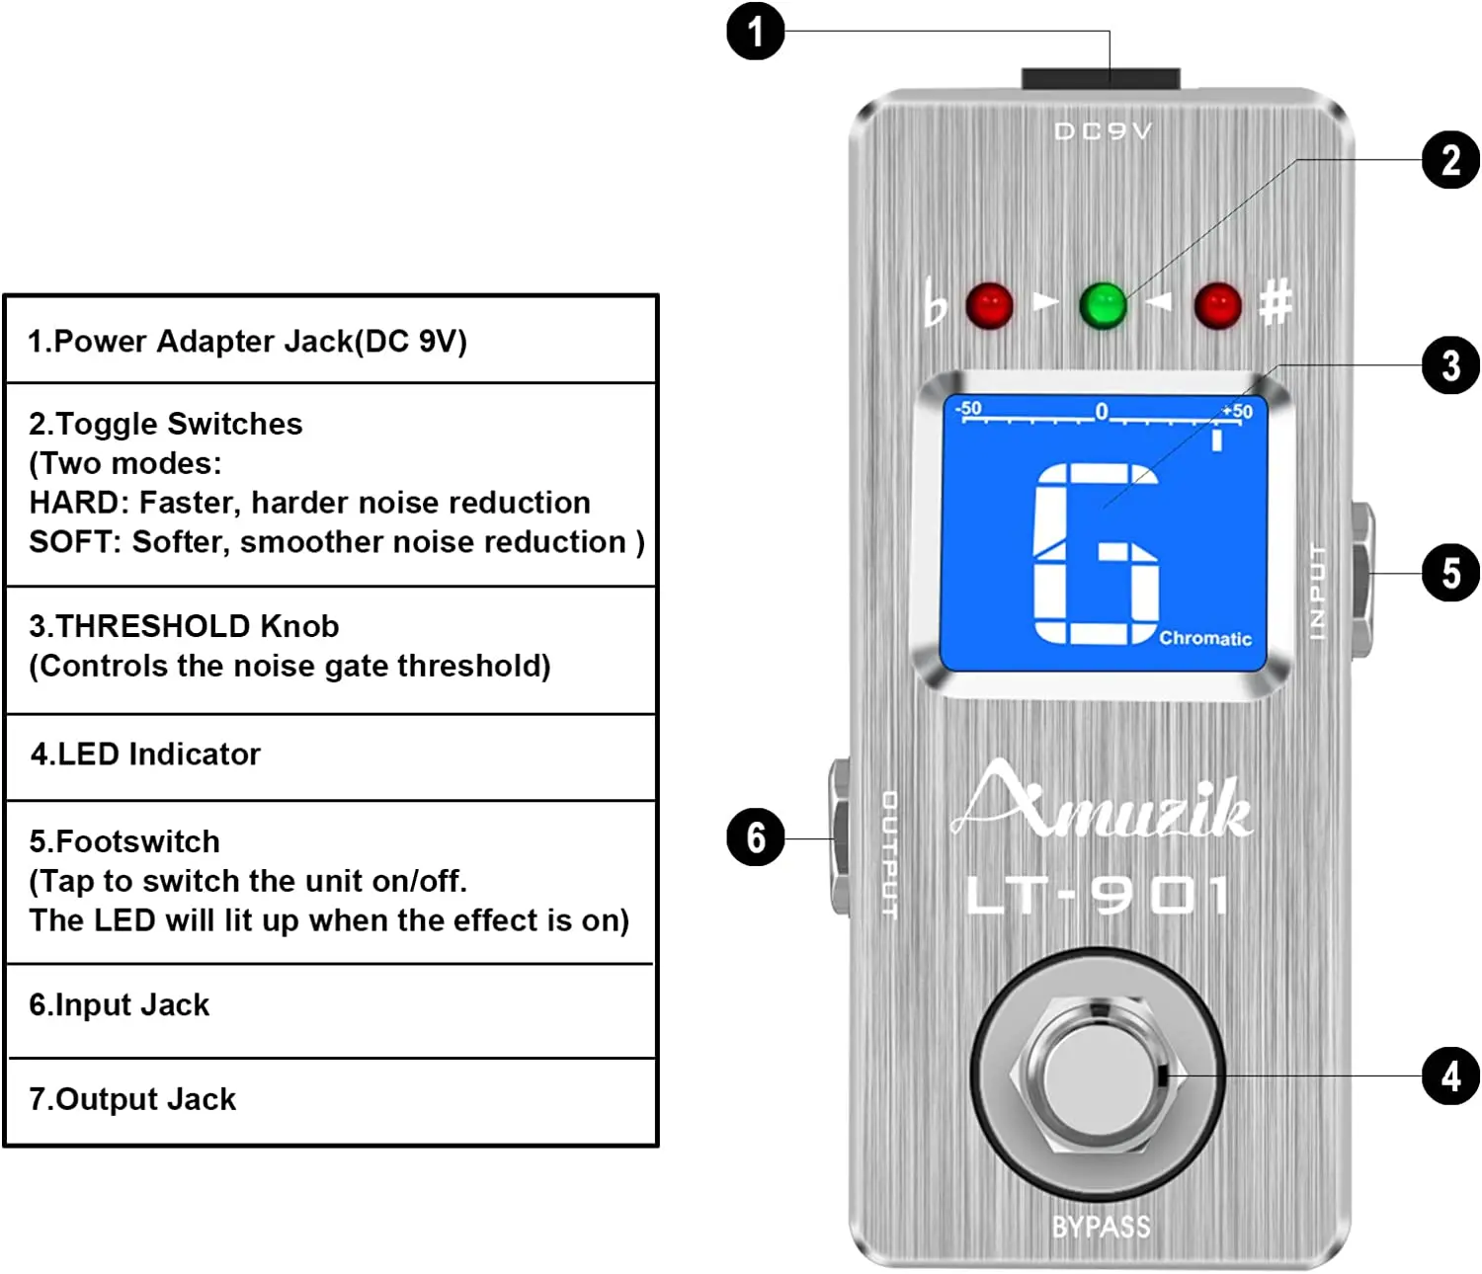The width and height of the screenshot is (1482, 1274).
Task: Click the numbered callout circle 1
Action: point(755,32)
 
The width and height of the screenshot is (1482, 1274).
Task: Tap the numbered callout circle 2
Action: point(1450,160)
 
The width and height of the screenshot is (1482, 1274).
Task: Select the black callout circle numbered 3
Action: point(1450,365)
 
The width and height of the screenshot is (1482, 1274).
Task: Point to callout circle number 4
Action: point(1450,1075)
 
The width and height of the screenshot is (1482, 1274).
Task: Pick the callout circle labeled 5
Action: point(1450,573)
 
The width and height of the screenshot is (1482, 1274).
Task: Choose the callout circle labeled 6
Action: point(755,836)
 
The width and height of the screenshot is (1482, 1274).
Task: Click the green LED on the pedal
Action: point(1103,305)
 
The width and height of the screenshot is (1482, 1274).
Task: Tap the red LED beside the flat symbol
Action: point(989,305)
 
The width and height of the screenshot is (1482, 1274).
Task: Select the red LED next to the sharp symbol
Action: point(1217,305)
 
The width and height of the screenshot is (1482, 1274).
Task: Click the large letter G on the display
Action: point(1096,552)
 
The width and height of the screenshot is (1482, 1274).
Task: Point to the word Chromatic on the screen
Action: point(1205,638)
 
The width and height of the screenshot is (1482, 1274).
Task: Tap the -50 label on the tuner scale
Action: point(968,409)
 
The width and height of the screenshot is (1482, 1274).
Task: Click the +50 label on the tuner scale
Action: point(1238,411)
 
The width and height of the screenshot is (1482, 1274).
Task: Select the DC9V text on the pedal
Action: point(1104,131)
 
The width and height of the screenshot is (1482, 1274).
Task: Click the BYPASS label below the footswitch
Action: point(1102,1226)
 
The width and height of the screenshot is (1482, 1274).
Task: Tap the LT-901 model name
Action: point(1097,895)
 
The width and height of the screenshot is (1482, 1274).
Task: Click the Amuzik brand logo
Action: point(1102,800)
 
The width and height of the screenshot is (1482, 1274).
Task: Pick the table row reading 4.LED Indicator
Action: point(331,756)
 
